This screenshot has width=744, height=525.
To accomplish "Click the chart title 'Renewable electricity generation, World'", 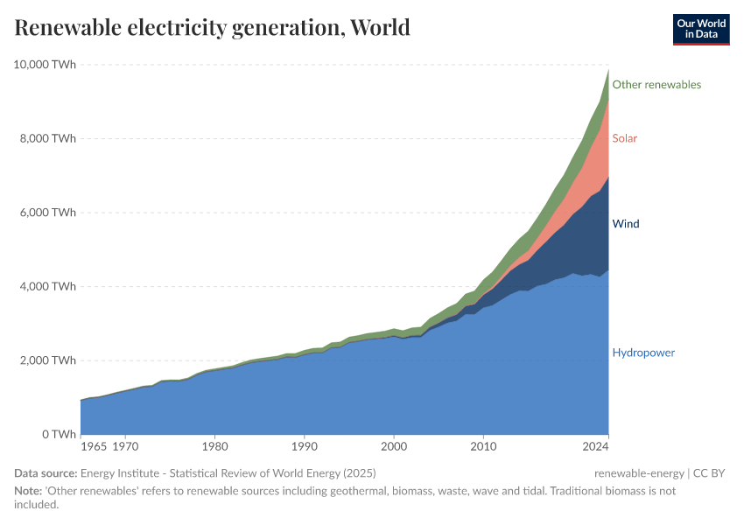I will coord(213,28).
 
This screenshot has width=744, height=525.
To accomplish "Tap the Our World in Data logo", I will coord(701,29).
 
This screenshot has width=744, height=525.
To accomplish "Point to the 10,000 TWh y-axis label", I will coord(45,65).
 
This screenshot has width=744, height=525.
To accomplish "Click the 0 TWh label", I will coord(58,435).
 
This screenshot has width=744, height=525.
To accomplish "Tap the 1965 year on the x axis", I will coord(94,446).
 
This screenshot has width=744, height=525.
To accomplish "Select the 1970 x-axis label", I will coord(125,446).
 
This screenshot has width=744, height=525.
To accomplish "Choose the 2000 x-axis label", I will coord(394,446).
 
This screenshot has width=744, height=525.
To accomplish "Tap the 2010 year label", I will coord(483,446).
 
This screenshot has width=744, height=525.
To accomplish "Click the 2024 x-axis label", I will coord(595,446).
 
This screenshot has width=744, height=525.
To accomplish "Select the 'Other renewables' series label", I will coord(656,85).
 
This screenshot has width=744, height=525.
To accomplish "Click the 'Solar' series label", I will coord(625,138).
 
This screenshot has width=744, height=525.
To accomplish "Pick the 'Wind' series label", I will coord(626,224).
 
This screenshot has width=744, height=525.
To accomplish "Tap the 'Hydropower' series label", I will coord(643,353).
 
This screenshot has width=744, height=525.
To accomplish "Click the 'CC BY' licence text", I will coord(710,473).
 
